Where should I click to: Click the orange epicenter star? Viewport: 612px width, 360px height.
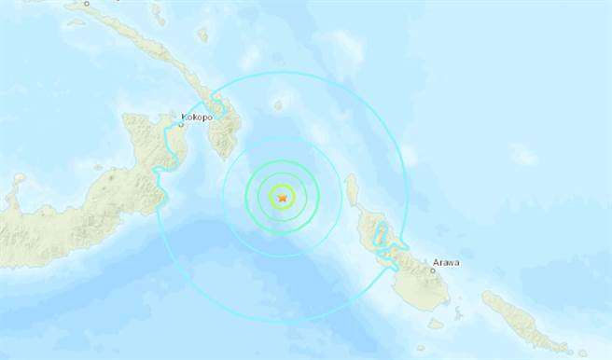click(x=281, y=197)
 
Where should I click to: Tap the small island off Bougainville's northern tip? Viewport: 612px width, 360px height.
click(x=352, y=193)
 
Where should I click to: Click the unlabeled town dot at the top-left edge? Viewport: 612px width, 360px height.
click(x=87, y=3)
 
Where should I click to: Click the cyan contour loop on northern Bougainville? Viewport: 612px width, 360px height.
click(x=381, y=244)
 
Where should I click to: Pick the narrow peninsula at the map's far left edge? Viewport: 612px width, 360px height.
click(x=15, y=196)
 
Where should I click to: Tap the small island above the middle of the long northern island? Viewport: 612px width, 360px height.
click(x=202, y=35)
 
